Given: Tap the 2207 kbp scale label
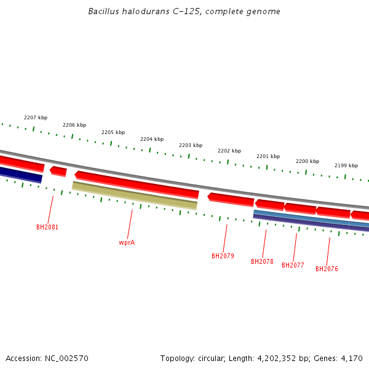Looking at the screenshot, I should [x=36, y=117].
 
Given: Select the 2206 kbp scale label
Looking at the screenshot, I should [x=74, y=125].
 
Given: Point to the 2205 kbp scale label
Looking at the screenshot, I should [x=113, y=132].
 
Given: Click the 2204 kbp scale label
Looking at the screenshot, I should [x=152, y=139].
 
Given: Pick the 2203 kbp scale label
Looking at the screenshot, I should [x=191, y=145].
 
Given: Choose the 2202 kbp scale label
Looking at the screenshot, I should [x=229, y=151].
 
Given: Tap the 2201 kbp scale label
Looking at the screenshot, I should [x=268, y=156].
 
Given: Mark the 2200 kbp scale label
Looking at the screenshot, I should [x=307, y=161].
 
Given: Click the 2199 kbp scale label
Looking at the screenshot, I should [x=346, y=165].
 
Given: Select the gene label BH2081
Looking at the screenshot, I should [x=47, y=227].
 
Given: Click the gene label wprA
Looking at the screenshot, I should [x=127, y=242].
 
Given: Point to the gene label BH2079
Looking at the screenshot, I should [x=223, y=256].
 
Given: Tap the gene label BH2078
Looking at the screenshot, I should [x=262, y=261].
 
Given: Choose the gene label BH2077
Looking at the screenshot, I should [x=293, y=265].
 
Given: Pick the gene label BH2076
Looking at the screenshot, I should [x=327, y=269].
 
